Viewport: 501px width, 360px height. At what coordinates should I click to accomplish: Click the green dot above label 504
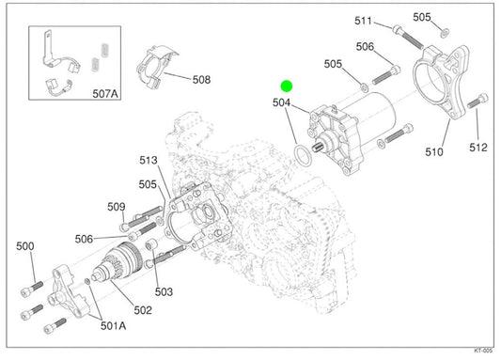[x=287, y=86]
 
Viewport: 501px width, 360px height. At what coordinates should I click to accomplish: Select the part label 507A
[x=105, y=94]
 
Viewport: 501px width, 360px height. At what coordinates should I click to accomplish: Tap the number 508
[x=201, y=80]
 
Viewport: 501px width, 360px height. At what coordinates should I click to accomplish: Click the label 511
[x=363, y=21]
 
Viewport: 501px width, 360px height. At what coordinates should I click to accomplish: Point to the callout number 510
[x=434, y=152]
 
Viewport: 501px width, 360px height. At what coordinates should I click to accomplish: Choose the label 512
[x=478, y=148]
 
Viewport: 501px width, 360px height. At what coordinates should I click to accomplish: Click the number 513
[x=149, y=160]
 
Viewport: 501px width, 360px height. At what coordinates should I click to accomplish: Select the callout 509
[x=117, y=207]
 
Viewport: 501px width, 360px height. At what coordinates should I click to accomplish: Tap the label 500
[x=25, y=246]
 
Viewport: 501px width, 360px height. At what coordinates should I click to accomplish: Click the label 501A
[x=113, y=325]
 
